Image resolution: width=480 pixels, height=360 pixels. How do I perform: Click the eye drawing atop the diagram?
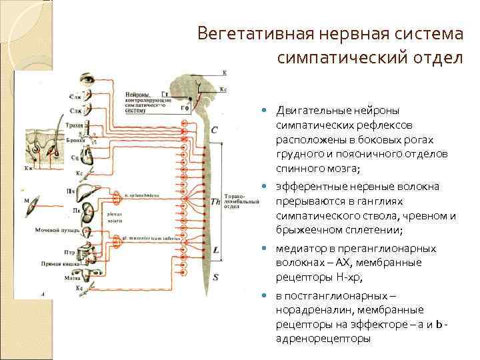(89, 79)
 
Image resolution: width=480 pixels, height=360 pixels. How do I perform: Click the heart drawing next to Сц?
(87, 157)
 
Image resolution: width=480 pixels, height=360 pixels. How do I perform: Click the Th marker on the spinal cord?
(215, 201)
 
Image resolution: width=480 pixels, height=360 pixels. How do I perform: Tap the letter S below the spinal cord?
(215, 275)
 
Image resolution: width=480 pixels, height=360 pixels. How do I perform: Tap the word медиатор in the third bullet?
(299, 249)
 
